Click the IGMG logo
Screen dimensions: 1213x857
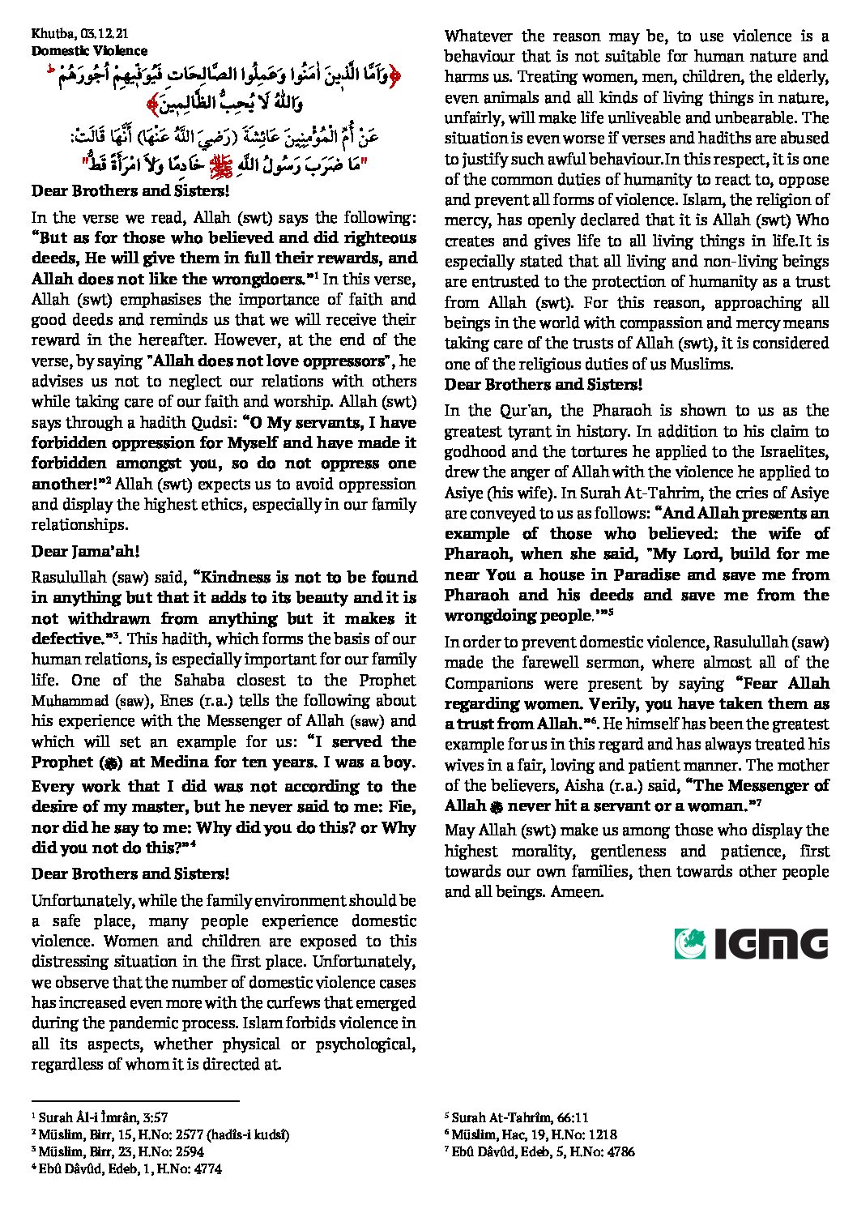(x=750, y=944)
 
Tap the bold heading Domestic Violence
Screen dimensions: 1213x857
(x=78, y=50)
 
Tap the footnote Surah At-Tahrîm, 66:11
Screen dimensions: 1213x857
(x=519, y=1117)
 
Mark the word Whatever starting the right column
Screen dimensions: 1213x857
(x=478, y=36)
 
